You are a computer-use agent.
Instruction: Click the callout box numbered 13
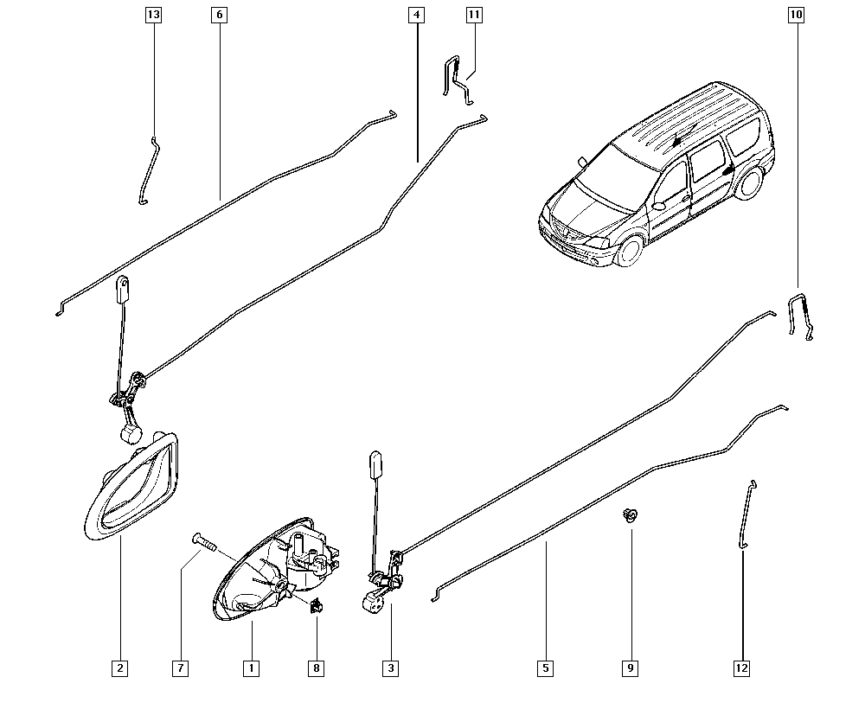[x=153, y=15]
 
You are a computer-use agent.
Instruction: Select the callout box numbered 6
[x=219, y=15]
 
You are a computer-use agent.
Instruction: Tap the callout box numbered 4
[x=417, y=15]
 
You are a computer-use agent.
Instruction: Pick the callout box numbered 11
[x=474, y=15]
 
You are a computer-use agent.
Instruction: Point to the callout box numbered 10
[x=796, y=15]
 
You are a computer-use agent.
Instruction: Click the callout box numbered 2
[x=119, y=668]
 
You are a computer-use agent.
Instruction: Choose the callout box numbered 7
[x=181, y=668]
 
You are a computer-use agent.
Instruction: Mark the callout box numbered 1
[x=251, y=668]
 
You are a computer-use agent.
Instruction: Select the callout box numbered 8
[x=316, y=668]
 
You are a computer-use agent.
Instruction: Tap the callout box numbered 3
[x=391, y=668]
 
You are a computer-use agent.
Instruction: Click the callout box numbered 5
[x=545, y=668]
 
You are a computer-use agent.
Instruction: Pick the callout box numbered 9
[x=630, y=668]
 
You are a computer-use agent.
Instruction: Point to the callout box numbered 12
[x=741, y=668]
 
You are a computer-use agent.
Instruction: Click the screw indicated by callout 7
[x=203, y=541]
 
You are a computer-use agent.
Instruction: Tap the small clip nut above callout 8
[x=316, y=606]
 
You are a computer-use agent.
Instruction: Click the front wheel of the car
[x=630, y=250]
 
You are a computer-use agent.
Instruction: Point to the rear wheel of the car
[x=750, y=182]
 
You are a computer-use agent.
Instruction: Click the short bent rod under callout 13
[x=149, y=169]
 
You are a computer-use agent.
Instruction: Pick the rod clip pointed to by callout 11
[x=458, y=80]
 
